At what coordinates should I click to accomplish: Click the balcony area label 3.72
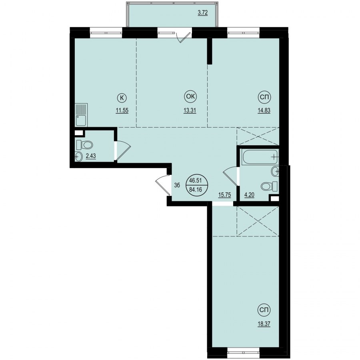(x=203, y=13)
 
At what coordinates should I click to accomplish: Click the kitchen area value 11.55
(x=122, y=111)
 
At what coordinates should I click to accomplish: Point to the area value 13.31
(x=190, y=111)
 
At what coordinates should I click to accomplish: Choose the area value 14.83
(x=264, y=111)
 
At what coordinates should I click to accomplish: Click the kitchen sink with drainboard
(x=82, y=115)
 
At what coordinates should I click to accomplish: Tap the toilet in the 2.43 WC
(x=84, y=145)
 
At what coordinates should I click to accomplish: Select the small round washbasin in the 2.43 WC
(x=78, y=157)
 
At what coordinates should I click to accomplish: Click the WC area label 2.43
(x=91, y=156)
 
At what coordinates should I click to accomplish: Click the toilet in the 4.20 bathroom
(x=269, y=186)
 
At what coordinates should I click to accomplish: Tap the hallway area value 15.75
(x=224, y=195)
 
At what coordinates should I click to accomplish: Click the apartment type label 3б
(x=177, y=185)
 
